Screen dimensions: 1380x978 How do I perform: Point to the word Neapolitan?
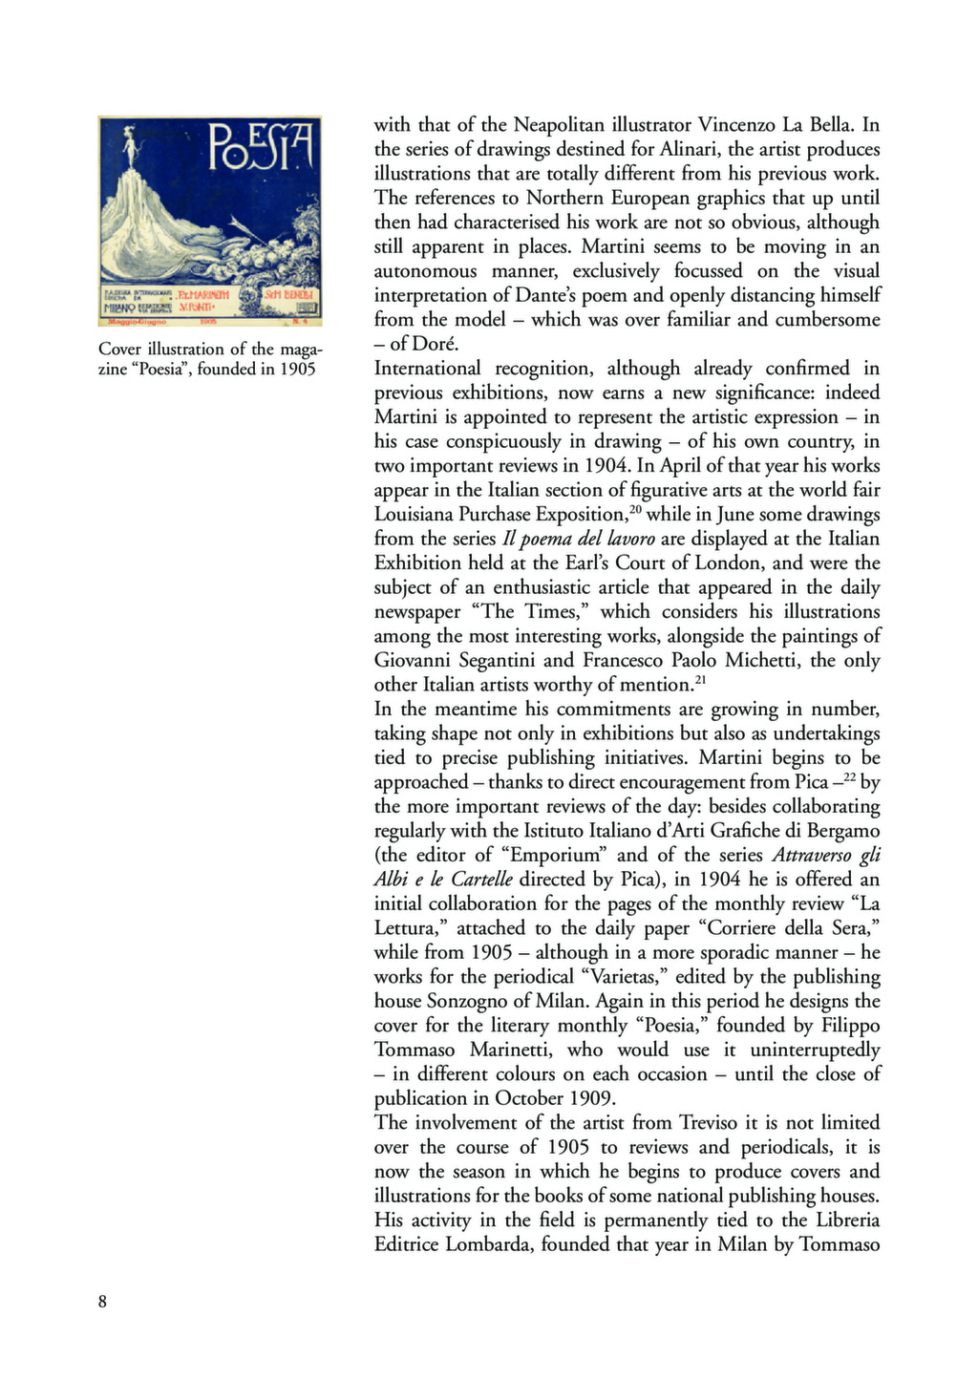559,125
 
